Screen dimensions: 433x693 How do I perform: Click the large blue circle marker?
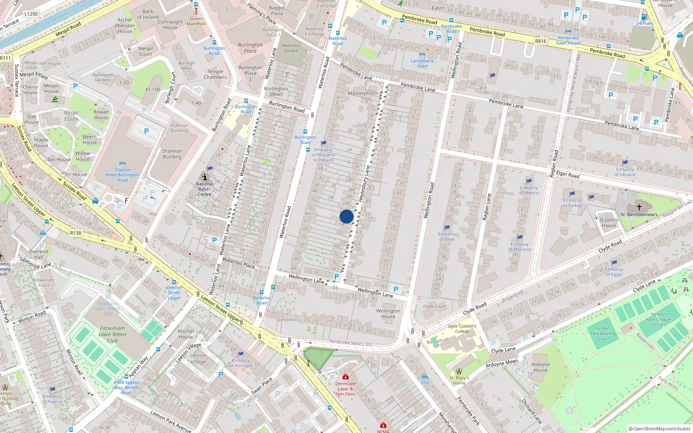pyautogui.click(x=346, y=216)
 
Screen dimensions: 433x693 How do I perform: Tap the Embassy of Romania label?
pyautogui.click(x=324, y=155)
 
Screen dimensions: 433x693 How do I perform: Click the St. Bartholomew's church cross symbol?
pyautogui.click(x=639, y=207)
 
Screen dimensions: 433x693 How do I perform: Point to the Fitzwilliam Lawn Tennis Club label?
pyautogui.click(x=113, y=334)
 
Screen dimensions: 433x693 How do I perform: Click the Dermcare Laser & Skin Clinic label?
pyautogui.click(x=345, y=388)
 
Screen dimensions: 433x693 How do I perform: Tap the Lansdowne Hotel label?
pyautogui.click(x=422, y=63)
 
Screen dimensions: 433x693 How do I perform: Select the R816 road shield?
pyautogui.click(x=541, y=41)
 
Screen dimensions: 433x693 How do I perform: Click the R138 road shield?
pyautogui.click(x=76, y=233)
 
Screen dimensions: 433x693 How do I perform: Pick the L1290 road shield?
pyautogui.click(x=31, y=14)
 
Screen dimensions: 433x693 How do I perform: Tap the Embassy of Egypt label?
pyautogui.click(x=614, y=271)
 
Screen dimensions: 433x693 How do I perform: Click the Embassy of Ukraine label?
pyautogui.click(x=625, y=172)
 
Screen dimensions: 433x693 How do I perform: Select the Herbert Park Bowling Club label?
pyautogui.click(x=603, y=333)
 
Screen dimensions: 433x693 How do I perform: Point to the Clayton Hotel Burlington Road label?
pyautogui.click(x=123, y=175)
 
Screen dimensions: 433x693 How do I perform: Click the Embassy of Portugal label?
pyautogui.click(x=241, y=363)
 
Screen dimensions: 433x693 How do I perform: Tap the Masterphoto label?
pyautogui.click(x=363, y=93)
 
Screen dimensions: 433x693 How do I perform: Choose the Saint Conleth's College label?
pyautogui.click(x=462, y=329)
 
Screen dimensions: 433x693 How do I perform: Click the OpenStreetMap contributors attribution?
pyautogui.click(x=660, y=429)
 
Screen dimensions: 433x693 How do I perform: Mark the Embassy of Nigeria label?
pyautogui.click(x=52, y=398)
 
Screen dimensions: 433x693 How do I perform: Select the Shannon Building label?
pyautogui.click(x=172, y=154)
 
